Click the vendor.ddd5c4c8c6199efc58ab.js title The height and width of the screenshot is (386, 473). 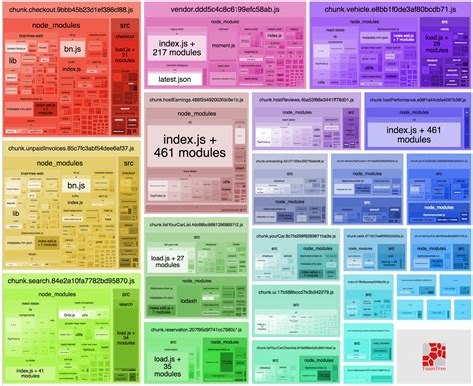(214, 9)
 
